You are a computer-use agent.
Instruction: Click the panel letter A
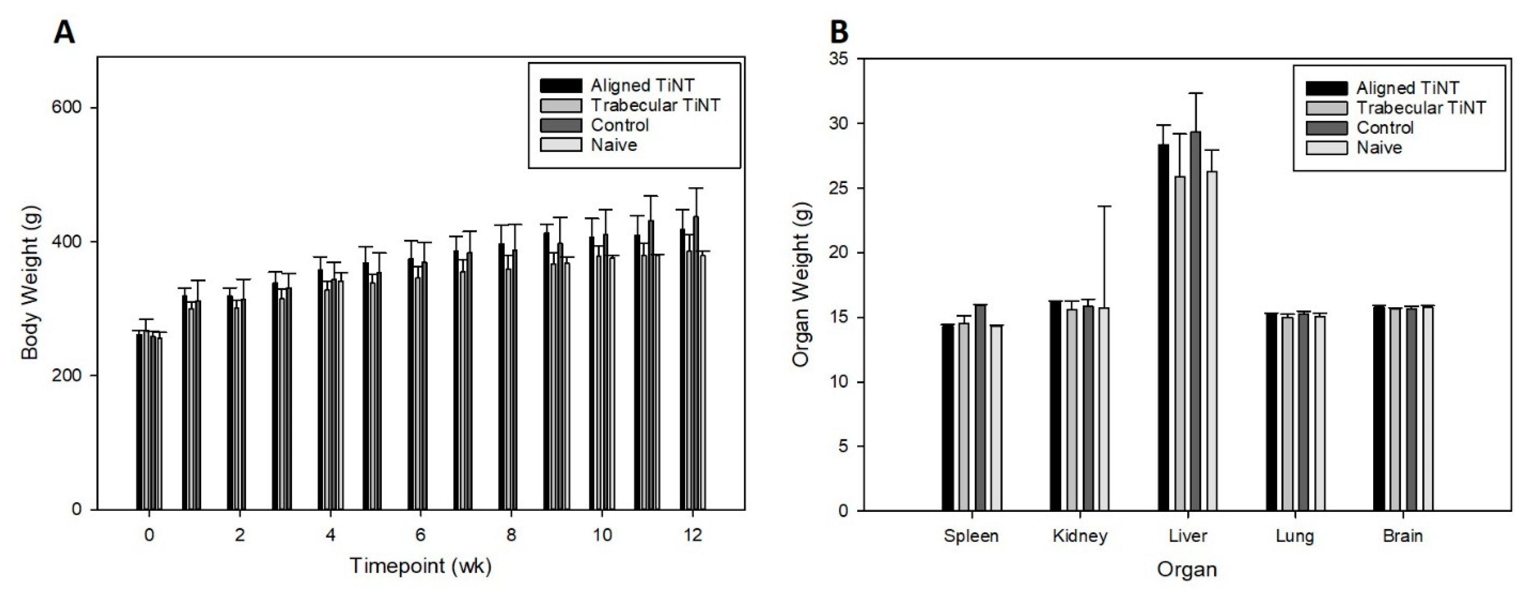[64, 32]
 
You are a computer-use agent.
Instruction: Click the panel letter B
[839, 32]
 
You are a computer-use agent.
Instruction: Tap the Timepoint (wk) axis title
[420, 565]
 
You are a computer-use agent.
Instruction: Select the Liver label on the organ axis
[1188, 536]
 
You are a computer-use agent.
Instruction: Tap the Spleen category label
[971, 536]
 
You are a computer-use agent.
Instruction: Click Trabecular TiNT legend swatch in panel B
[1326, 108]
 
